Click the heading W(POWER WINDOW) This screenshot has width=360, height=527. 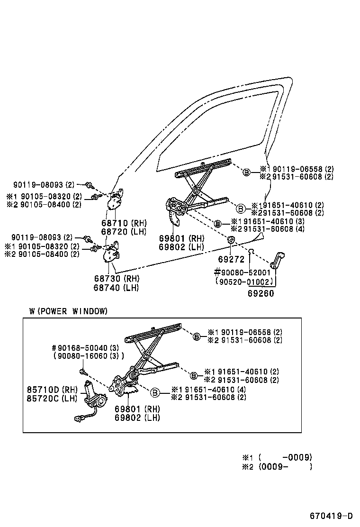point(68,311)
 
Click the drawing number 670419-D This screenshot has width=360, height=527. point(332,515)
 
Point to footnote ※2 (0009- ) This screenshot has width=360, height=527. point(277,466)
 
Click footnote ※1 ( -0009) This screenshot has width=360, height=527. point(277,457)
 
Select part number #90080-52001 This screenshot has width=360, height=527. point(242,273)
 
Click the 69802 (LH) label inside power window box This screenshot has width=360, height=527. point(137,418)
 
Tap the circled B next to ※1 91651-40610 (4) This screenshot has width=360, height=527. point(154,392)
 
